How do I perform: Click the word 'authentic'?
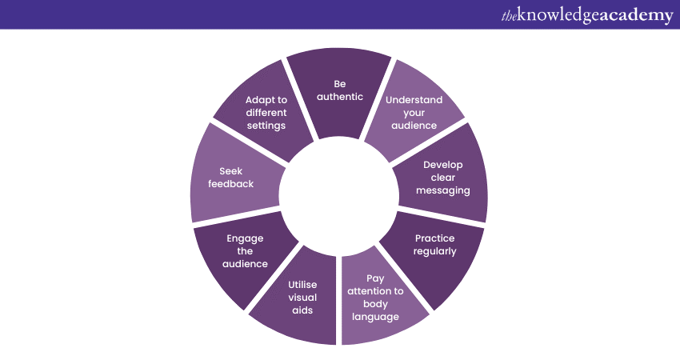coord(340,97)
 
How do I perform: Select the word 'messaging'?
coord(442,190)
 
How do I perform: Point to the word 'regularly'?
coord(435,251)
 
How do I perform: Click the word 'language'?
coord(375,317)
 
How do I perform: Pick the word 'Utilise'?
coord(302,284)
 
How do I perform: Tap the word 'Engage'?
coord(245,238)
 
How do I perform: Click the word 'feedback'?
coord(231,183)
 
